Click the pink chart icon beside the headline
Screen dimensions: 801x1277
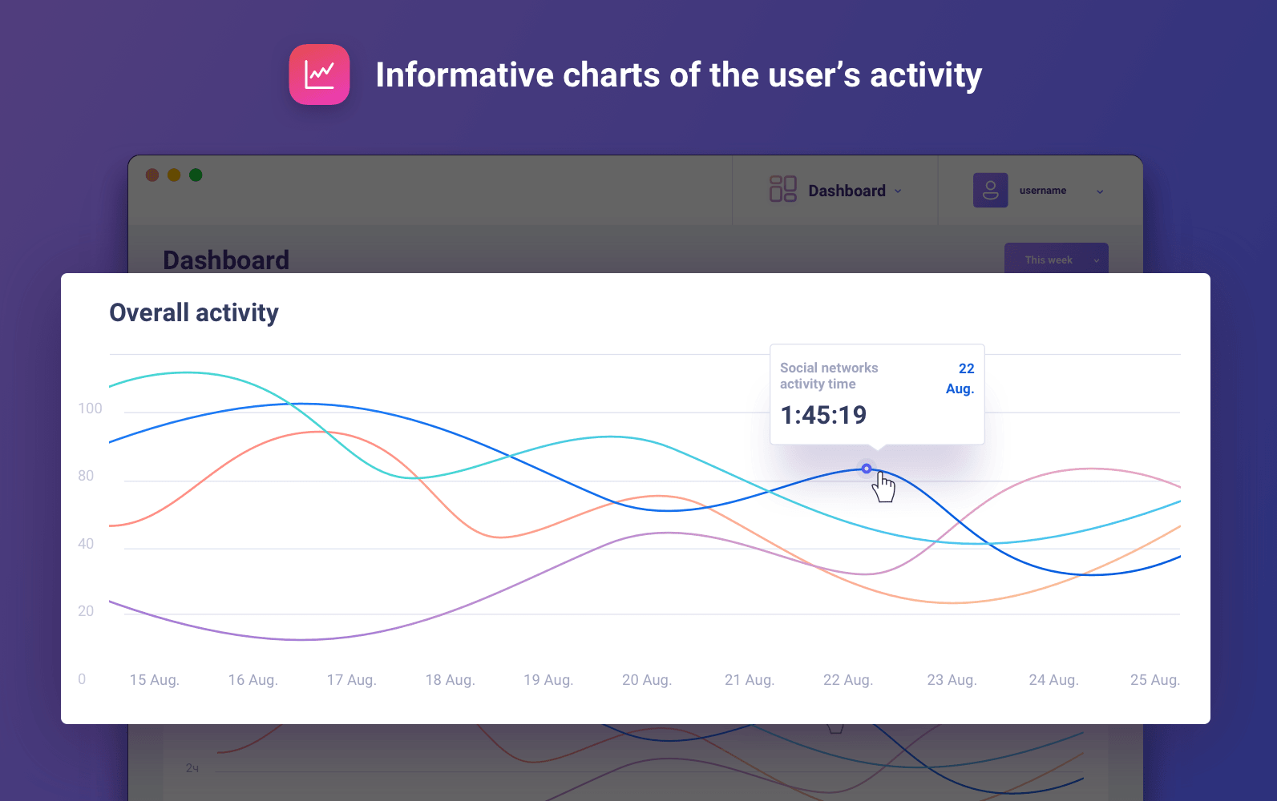(x=319, y=74)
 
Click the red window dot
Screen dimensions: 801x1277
(x=152, y=175)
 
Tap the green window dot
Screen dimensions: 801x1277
(x=196, y=175)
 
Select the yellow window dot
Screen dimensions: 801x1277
(x=174, y=175)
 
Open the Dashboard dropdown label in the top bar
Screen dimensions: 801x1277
(x=847, y=191)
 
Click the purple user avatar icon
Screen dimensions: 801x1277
(x=990, y=191)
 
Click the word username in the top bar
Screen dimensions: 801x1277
(x=1042, y=191)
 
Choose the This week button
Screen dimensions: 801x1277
(x=1056, y=260)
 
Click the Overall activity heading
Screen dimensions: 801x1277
(x=194, y=312)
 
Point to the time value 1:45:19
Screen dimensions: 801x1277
(x=823, y=415)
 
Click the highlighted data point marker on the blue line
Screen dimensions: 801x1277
(x=867, y=469)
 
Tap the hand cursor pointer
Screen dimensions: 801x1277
(x=883, y=486)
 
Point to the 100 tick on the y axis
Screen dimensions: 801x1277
(x=90, y=409)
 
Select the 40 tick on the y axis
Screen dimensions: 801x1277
(x=86, y=544)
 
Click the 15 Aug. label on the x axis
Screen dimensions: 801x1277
(x=154, y=680)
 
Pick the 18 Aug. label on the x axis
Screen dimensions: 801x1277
(x=450, y=680)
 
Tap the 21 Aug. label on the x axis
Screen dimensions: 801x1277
(x=749, y=680)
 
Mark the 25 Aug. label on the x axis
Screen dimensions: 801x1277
(x=1154, y=680)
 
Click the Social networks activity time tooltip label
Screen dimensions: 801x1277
(x=829, y=376)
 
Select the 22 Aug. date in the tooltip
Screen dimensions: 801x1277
(x=960, y=378)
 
